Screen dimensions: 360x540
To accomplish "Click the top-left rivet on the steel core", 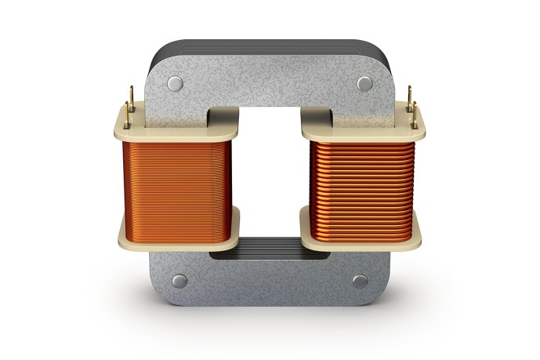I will coord(175,83).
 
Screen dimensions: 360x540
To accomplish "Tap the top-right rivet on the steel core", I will coord(364,83).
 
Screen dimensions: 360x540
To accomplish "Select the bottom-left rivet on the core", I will coord(178,280).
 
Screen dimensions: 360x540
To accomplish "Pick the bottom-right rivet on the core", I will coord(360,280).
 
